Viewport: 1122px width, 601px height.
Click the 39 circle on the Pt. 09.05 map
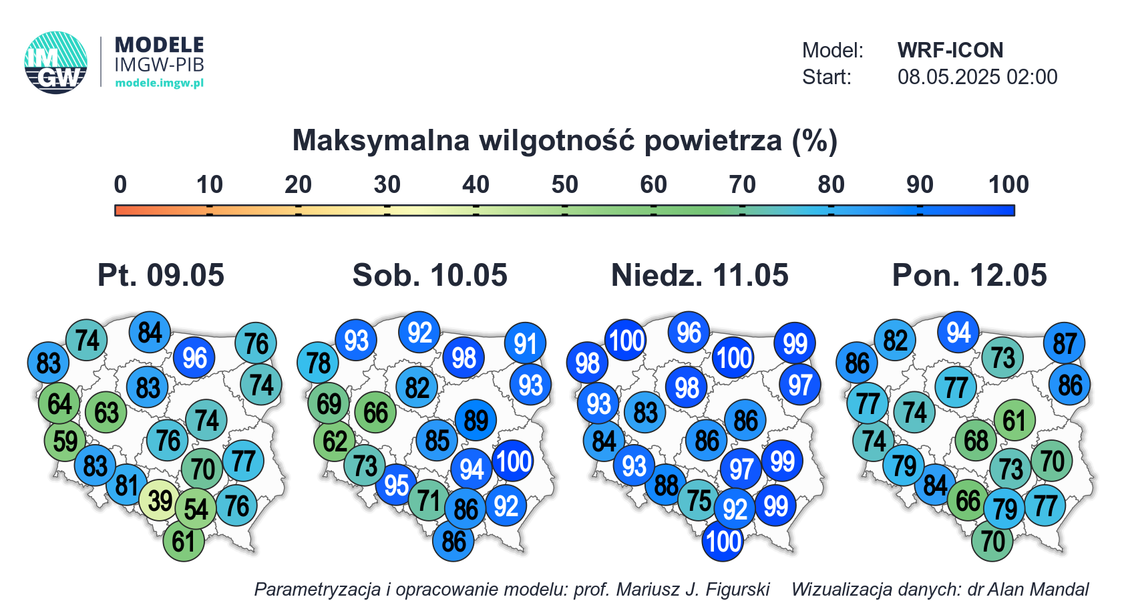pyautogui.click(x=160, y=499)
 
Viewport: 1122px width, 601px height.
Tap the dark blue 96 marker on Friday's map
pyautogui.click(x=194, y=358)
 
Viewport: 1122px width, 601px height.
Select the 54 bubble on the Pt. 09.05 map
pyautogui.click(x=196, y=509)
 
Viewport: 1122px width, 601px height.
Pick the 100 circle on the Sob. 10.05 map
pyautogui.click(x=513, y=461)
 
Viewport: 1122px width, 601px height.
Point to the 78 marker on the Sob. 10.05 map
pyautogui.click(x=318, y=363)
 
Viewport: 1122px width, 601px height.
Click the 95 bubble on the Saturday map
pyautogui.click(x=396, y=485)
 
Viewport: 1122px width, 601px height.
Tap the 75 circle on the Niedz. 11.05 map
pyautogui.click(x=699, y=499)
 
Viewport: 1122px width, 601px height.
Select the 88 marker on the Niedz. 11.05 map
pyautogui.click(x=666, y=485)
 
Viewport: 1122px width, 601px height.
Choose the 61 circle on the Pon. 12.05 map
pyautogui.click(x=1014, y=419)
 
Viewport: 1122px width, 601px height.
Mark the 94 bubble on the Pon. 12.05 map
pyautogui.click(x=958, y=331)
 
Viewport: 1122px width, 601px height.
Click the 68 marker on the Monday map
pyautogui.click(x=976, y=441)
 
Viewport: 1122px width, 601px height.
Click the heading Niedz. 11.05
pyautogui.click(x=700, y=275)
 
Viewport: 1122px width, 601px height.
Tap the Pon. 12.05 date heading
pyautogui.click(x=969, y=275)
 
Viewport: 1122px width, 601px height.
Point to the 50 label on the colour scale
pyautogui.click(x=564, y=185)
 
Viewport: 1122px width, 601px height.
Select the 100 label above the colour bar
pyautogui.click(x=1008, y=185)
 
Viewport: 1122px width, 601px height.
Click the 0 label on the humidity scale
pyautogui.click(x=120, y=185)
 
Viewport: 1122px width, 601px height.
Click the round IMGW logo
pyautogui.click(x=56, y=63)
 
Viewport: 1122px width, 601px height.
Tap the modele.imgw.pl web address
pyautogui.click(x=159, y=83)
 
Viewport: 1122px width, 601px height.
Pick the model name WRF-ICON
pyautogui.click(x=950, y=50)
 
